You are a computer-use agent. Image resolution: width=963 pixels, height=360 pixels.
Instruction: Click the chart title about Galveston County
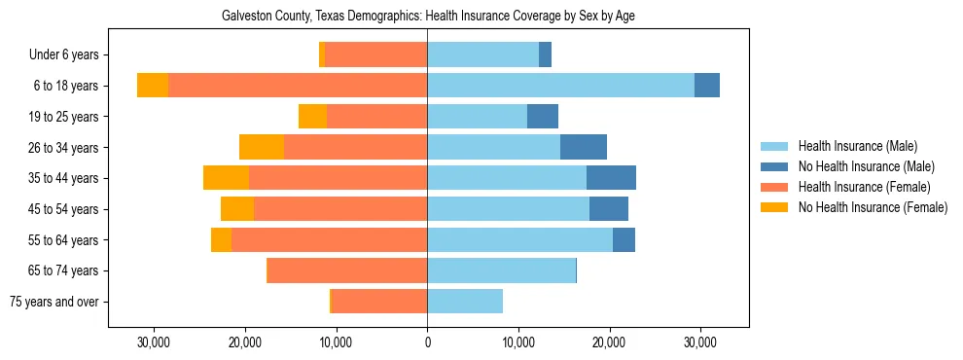(x=428, y=17)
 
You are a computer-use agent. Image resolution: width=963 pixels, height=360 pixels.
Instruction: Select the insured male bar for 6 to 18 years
(x=560, y=86)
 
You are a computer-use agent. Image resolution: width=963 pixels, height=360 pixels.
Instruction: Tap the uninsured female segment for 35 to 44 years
(x=226, y=178)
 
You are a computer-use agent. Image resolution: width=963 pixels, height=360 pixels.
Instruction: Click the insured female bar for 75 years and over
(x=379, y=302)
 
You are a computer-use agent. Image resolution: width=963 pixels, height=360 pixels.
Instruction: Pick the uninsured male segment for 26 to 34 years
(x=584, y=147)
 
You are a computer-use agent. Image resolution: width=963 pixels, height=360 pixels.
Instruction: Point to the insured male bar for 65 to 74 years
(x=501, y=270)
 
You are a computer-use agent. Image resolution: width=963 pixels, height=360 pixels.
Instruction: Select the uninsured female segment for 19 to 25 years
(x=312, y=117)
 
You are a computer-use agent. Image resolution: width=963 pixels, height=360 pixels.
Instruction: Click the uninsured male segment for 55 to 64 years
(x=624, y=239)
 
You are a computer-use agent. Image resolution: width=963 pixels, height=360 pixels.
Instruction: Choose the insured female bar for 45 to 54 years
(x=340, y=209)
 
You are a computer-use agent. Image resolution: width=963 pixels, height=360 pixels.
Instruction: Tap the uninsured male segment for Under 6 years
(x=545, y=54)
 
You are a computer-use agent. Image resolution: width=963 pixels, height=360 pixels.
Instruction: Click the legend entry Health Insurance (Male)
(x=857, y=146)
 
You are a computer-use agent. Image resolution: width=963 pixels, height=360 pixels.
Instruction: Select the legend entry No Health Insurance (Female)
(x=873, y=207)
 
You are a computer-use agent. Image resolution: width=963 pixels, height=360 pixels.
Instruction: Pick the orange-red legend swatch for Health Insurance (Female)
(x=774, y=187)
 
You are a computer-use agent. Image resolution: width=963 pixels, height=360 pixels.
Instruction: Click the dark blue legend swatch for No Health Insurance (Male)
(x=774, y=166)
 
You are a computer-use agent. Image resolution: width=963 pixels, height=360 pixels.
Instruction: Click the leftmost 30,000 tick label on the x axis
(x=153, y=342)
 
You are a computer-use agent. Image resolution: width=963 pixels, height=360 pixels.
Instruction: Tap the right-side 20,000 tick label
(x=609, y=342)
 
